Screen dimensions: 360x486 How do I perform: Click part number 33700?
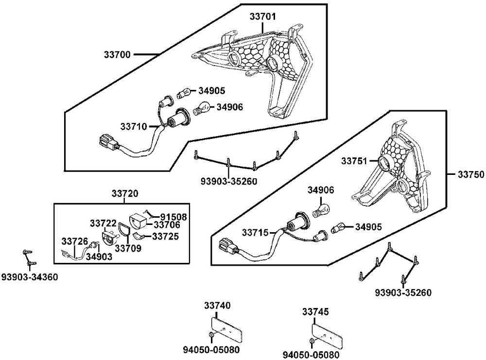pos(117,55)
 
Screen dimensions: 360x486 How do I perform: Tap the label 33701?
pos(263,17)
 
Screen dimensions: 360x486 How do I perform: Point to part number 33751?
pos(354,161)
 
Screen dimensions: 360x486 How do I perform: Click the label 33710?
pos(134,126)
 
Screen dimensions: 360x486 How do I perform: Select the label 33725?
pos(166,236)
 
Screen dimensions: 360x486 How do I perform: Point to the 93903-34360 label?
pos(29,277)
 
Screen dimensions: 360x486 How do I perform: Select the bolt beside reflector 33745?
pos(311,341)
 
